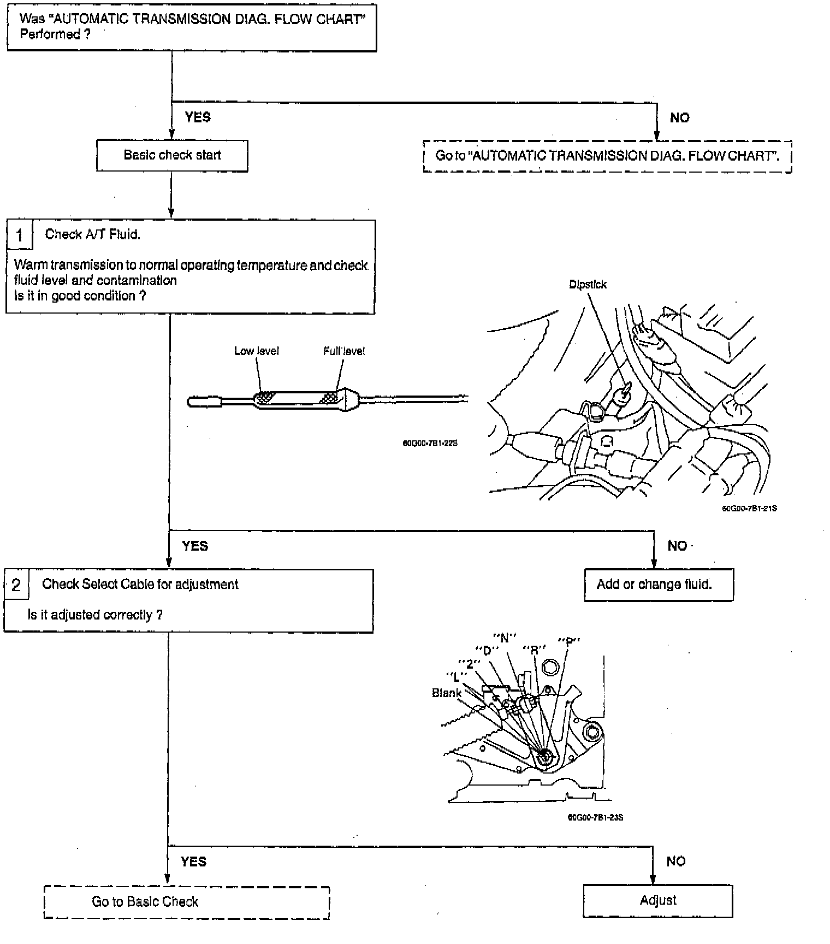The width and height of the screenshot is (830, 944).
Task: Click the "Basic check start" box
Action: coord(172,156)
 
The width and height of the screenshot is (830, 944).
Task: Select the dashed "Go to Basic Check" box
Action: coord(186,901)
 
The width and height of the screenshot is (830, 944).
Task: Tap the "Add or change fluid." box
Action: coord(659,585)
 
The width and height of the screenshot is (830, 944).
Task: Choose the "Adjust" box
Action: coord(658,900)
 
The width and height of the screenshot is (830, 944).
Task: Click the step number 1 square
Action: coord(20,235)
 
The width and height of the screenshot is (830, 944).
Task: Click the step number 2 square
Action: coord(16,585)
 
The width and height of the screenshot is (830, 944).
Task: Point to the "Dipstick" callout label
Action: coord(588,285)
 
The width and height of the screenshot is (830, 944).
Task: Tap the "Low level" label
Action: coord(256,351)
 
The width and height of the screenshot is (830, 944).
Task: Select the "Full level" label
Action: coord(344,351)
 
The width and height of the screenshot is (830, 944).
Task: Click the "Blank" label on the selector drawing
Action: coord(447,693)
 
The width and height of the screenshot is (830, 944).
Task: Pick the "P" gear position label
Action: coord(568,641)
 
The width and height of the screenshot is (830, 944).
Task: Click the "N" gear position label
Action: coord(505,638)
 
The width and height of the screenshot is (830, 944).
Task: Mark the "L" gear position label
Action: coord(456,675)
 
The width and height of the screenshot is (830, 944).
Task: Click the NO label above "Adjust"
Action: coord(675,862)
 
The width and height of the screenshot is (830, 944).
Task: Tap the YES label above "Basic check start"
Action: coord(198,117)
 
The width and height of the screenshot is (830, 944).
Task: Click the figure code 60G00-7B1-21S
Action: coord(749,509)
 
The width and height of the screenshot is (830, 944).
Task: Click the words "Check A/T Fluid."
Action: coord(92,234)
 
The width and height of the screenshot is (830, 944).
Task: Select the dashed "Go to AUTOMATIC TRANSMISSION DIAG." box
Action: coord(607,156)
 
